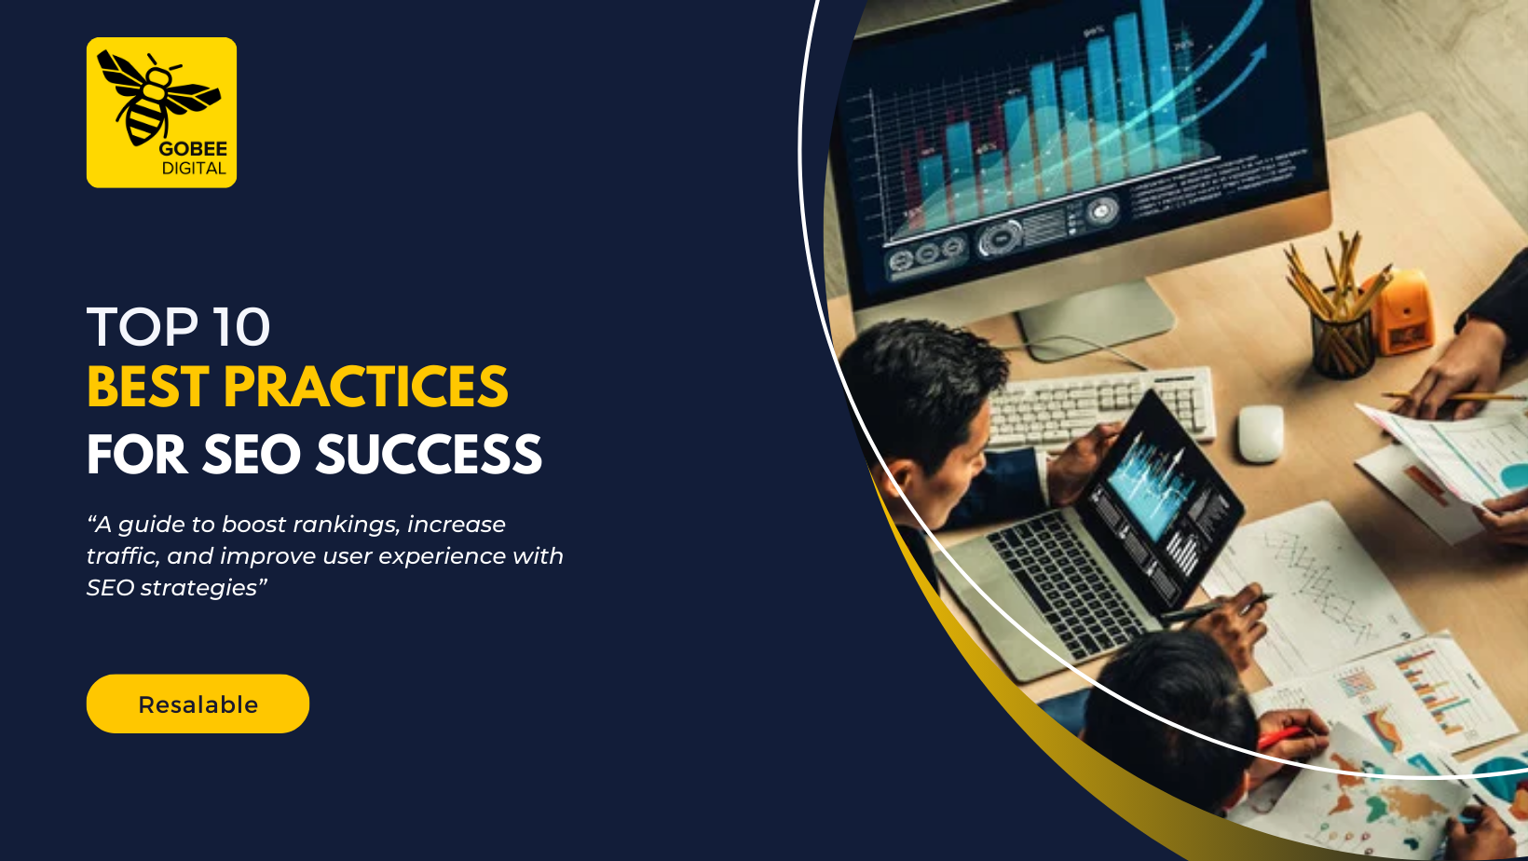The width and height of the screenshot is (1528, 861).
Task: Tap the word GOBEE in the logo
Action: pos(193,149)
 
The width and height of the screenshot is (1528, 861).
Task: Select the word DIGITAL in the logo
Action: pos(194,169)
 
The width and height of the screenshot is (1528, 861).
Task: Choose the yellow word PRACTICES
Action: pos(365,387)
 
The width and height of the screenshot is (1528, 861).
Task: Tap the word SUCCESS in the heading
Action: pos(430,454)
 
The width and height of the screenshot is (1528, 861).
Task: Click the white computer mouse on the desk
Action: pos(1260,434)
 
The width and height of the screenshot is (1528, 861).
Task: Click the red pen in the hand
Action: pos(1281,737)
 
